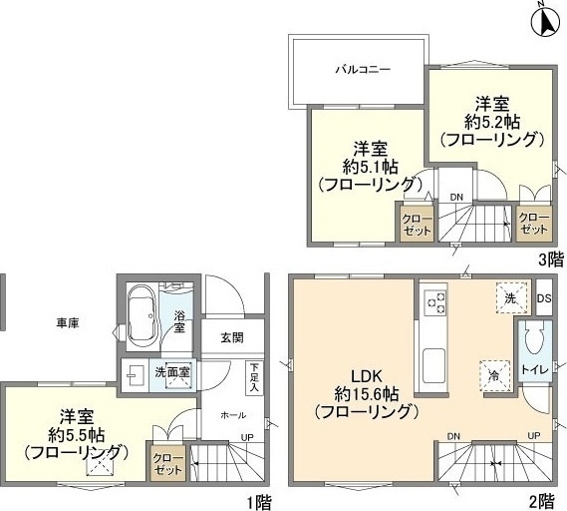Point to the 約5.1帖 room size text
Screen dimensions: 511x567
point(365,166)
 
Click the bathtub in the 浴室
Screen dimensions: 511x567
point(142,315)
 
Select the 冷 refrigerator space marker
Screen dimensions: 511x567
point(493,374)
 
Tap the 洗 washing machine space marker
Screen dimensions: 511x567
point(509,297)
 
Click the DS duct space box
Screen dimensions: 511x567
point(543,297)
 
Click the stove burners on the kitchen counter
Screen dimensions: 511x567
point(435,300)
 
